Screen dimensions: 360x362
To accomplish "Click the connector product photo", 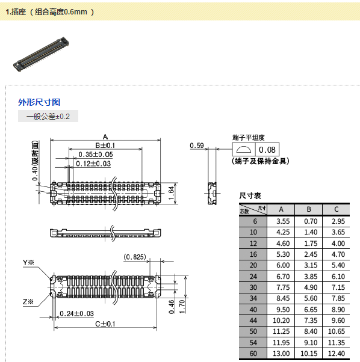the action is click(x=41, y=54).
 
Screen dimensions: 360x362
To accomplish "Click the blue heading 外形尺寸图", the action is click(x=39, y=102).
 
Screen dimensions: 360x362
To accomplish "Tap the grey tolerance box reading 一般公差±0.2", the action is click(x=48, y=116).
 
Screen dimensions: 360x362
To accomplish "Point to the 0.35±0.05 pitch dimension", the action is click(x=96, y=154).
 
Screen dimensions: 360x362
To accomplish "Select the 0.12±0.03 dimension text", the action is click(x=93, y=164).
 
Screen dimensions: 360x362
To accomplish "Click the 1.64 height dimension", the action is click(x=171, y=193).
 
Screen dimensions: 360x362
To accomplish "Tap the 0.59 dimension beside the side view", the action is click(x=197, y=146).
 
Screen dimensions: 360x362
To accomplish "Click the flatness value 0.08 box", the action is click(x=267, y=150).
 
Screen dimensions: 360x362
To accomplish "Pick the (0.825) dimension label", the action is click(x=135, y=257).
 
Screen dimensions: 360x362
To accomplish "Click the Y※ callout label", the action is click(x=28, y=262).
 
